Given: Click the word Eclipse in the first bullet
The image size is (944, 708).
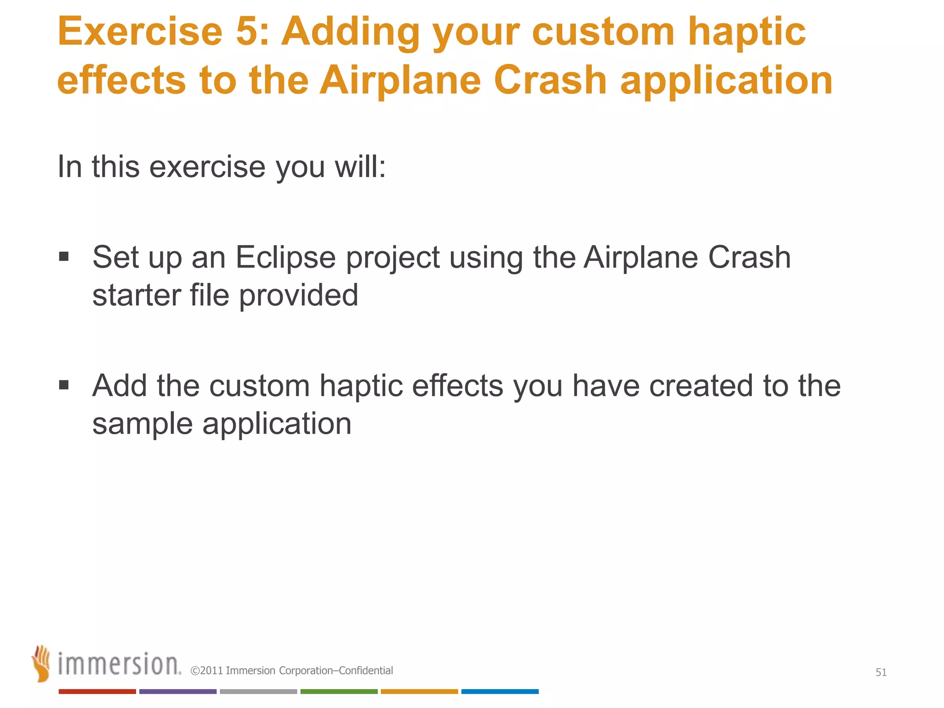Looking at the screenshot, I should click(x=285, y=257).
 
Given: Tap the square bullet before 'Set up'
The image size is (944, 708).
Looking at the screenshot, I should click(x=64, y=256).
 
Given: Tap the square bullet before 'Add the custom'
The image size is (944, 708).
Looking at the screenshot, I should click(x=64, y=384).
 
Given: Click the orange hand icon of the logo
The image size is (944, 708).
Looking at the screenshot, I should click(x=41, y=663).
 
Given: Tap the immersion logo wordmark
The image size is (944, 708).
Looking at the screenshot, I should click(x=119, y=664).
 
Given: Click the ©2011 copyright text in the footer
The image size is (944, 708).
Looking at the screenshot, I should click(x=291, y=671).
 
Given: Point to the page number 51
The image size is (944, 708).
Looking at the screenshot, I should click(x=881, y=673).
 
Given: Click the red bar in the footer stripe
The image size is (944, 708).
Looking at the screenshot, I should click(x=97, y=691).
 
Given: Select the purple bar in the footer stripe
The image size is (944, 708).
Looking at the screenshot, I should click(x=177, y=691).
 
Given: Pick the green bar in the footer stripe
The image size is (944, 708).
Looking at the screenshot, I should click(x=339, y=691).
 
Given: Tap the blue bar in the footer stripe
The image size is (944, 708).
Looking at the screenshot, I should click(x=500, y=691).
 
